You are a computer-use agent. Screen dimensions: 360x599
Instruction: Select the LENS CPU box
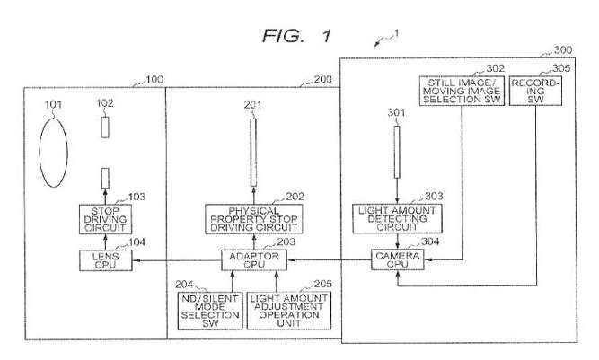[x=104, y=260]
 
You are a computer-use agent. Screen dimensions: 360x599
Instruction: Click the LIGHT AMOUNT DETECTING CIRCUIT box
[x=395, y=220]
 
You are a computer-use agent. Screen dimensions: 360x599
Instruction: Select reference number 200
[x=321, y=81]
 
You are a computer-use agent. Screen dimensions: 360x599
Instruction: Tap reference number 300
[x=562, y=51]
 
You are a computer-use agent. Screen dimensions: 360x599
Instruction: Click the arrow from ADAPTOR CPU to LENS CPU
[x=176, y=260]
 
